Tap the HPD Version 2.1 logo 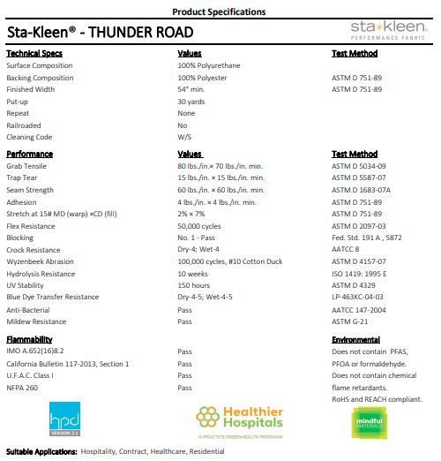66,421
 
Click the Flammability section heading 29,339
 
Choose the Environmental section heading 355,339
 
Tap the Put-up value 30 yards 192,102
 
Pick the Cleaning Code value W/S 184,138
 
